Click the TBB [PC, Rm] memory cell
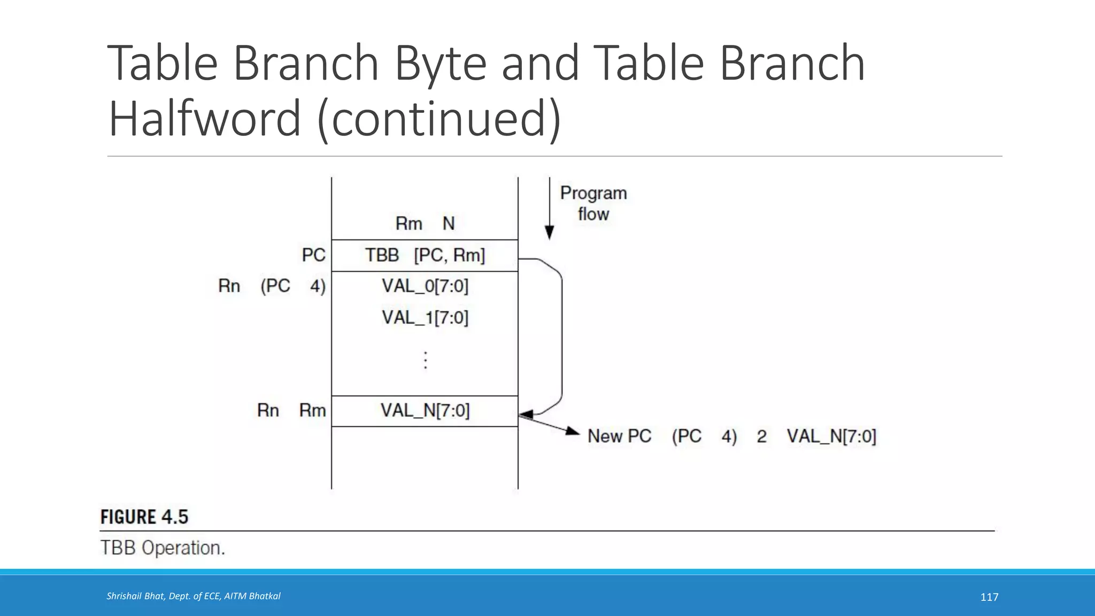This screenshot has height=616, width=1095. click(425, 256)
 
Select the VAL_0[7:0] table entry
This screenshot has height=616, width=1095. click(425, 287)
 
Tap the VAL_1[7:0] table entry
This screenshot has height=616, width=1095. click(425, 318)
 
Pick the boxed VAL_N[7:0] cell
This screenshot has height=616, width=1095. click(425, 411)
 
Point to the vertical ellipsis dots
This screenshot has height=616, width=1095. click(426, 360)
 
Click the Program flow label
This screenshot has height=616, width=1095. click(593, 204)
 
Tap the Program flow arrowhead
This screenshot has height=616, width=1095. click(549, 233)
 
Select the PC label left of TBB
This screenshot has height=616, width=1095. click(313, 255)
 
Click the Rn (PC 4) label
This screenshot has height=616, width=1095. click(272, 287)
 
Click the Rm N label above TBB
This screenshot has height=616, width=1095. click(425, 224)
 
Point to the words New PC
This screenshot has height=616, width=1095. click(619, 436)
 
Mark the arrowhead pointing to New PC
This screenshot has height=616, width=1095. click(574, 432)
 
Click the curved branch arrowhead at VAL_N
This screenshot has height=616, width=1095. click(526, 414)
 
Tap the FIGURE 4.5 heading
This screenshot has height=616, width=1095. click(144, 517)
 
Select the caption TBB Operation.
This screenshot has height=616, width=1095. click(163, 548)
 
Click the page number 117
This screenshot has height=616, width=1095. click(989, 597)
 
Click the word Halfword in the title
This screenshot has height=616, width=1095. click(204, 119)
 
